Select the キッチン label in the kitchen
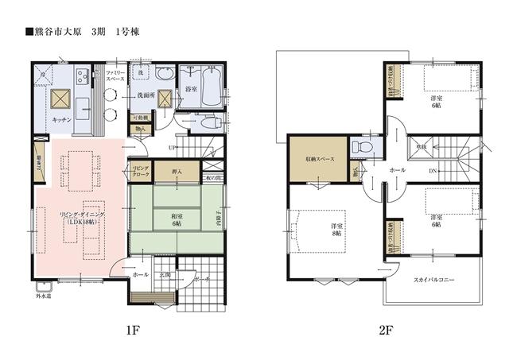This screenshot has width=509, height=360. (x=61, y=119)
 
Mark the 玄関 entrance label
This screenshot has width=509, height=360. (x=165, y=275)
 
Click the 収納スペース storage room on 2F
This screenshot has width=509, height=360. (x=317, y=157)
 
